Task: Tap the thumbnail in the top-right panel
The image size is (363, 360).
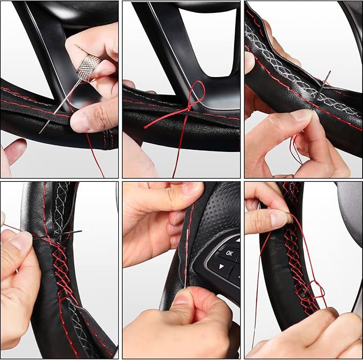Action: [x=302, y=114]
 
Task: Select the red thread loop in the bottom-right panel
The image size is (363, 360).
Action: [x=315, y=289]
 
